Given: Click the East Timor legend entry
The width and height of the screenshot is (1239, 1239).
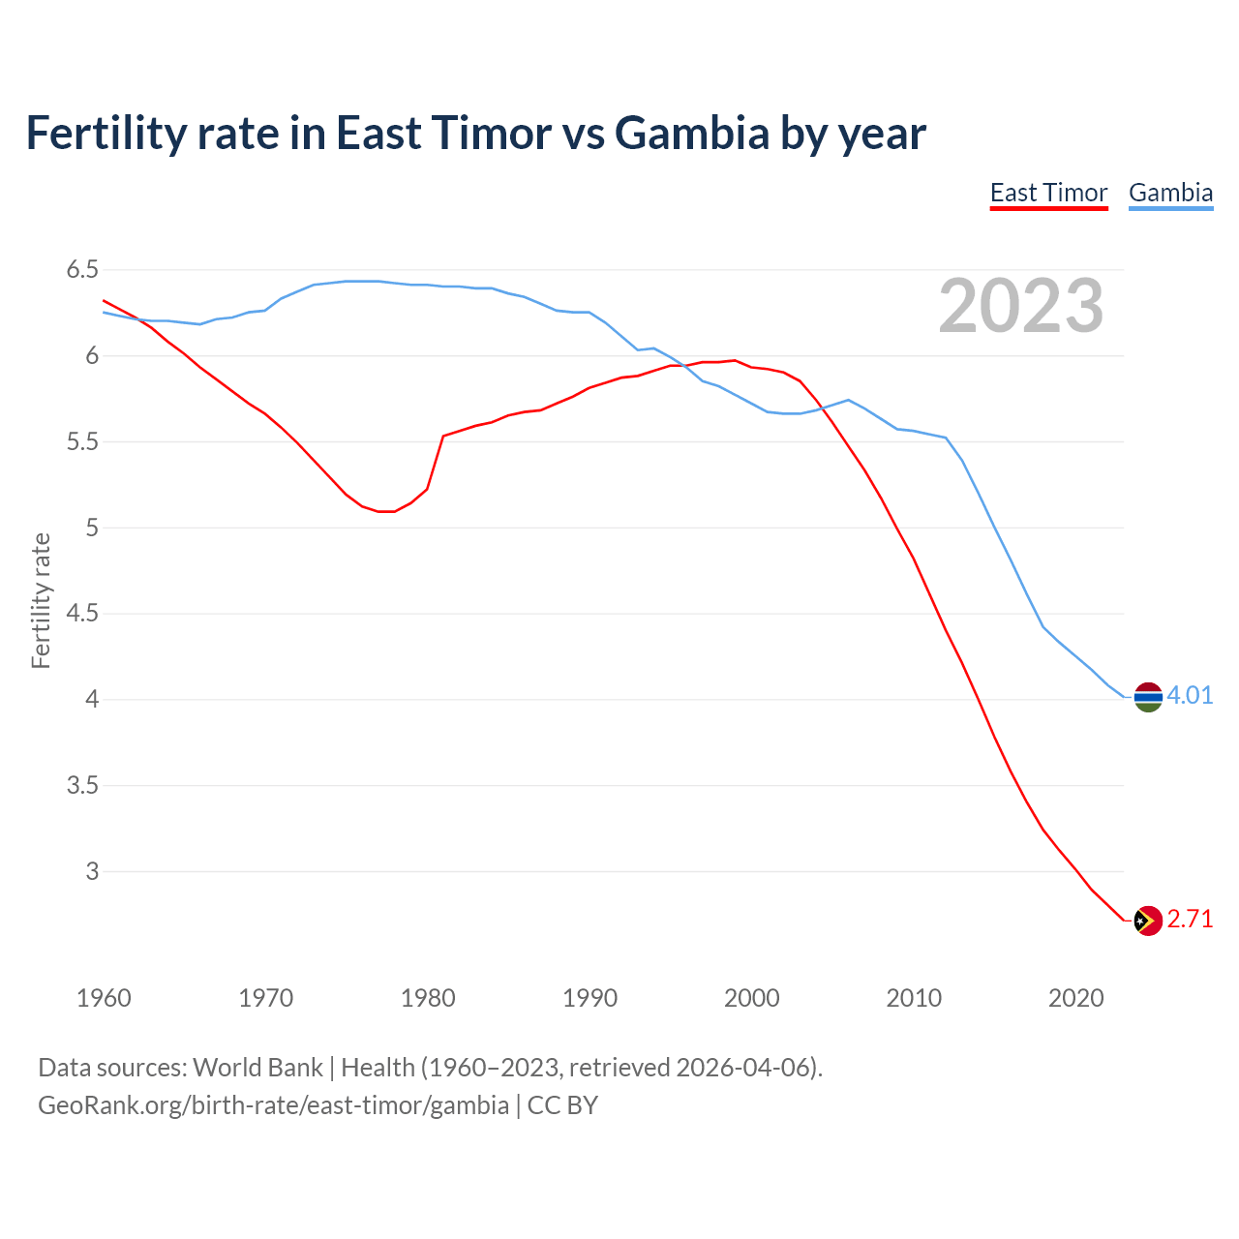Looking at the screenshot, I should pyautogui.click(x=1048, y=193).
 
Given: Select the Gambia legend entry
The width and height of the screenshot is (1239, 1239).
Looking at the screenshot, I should pyautogui.click(x=1170, y=193).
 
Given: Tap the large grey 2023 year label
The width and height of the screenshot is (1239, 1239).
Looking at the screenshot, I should pyautogui.click(x=1021, y=306).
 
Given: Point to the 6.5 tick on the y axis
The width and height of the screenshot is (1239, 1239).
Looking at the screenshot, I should pyautogui.click(x=82, y=270).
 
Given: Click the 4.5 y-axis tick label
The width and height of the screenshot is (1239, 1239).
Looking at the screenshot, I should pyautogui.click(x=82, y=614).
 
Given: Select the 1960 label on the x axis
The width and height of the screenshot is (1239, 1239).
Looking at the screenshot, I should pyautogui.click(x=104, y=998).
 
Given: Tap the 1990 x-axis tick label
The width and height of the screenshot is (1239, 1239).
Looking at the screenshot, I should pyautogui.click(x=589, y=998).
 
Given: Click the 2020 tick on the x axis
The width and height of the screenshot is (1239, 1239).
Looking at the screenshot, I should pyautogui.click(x=1075, y=998).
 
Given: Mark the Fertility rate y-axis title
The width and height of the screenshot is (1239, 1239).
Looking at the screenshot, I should pyautogui.click(x=41, y=600).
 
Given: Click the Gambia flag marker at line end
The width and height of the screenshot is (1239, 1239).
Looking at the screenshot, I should pyautogui.click(x=1148, y=696).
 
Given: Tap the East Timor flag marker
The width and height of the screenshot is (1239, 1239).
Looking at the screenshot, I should pyautogui.click(x=1148, y=920).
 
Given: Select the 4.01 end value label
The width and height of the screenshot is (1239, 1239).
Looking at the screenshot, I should pyautogui.click(x=1190, y=696).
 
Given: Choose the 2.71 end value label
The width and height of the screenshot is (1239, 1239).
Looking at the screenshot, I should pyautogui.click(x=1190, y=920).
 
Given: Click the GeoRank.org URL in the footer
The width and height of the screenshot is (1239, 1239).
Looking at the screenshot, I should pyautogui.click(x=273, y=1105).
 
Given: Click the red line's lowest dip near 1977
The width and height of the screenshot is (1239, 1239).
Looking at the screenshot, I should pyautogui.click(x=386, y=511).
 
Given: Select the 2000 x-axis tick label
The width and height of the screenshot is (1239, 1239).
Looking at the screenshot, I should pyautogui.click(x=752, y=998).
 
